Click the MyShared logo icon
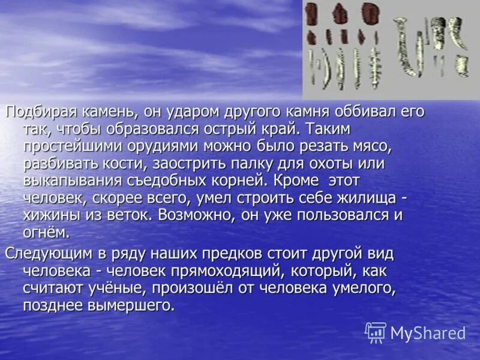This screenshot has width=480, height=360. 376,332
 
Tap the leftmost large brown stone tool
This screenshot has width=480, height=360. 311,14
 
